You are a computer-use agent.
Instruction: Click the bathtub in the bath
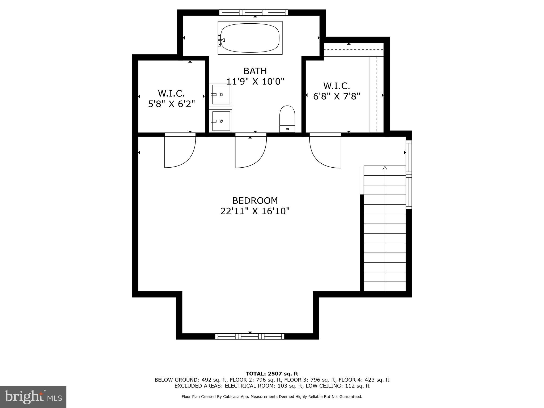[x=250, y=38]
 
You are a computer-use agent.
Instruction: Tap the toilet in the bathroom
[x=287, y=119]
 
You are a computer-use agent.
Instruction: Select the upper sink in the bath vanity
[x=220, y=95]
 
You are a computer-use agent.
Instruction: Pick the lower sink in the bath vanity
[x=220, y=121]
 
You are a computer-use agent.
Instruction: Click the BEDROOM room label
[x=255, y=200]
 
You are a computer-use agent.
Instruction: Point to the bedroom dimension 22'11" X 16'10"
[x=255, y=211]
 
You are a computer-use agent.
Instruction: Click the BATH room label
[x=255, y=71]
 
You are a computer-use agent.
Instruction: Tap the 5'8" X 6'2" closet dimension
[x=172, y=104]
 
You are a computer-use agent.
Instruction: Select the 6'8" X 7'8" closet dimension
[x=337, y=96]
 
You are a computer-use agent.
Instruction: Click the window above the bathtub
[x=254, y=12]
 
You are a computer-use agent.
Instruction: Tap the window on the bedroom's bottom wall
[x=250, y=337]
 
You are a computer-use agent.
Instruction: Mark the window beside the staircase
[x=409, y=175]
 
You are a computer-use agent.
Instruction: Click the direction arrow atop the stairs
[x=385, y=168]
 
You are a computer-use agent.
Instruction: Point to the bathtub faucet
[x=222, y=40]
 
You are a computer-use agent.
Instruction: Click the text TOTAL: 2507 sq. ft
[x=272, y=374]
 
